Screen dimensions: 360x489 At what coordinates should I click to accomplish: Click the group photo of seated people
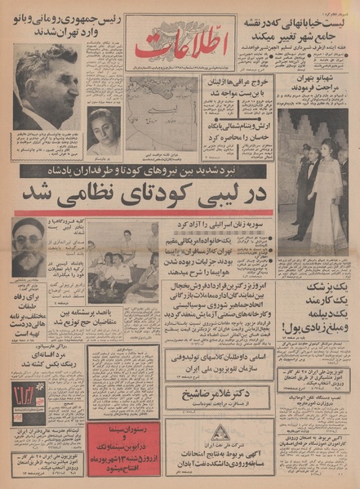(x=122, y=269)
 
